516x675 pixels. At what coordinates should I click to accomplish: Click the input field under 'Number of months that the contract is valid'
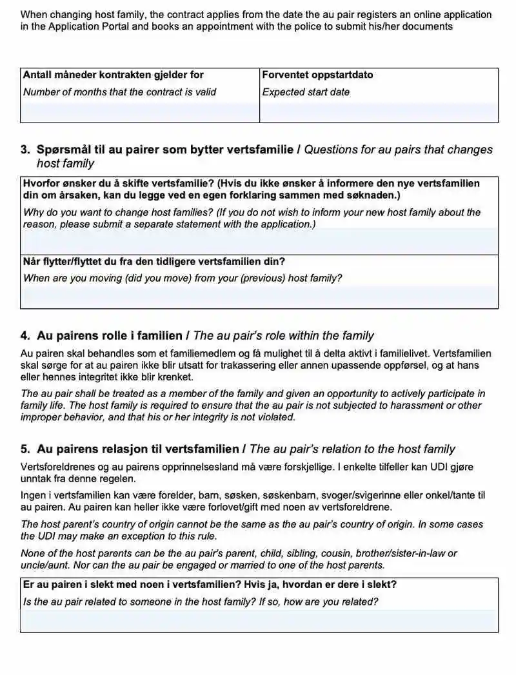[x=140, y=112]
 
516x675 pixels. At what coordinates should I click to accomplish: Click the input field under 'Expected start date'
[x=379, y=112]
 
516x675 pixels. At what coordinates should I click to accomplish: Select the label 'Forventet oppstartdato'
[x=317, y=75]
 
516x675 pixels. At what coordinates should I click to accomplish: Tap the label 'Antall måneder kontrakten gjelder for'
[x=113, y=75]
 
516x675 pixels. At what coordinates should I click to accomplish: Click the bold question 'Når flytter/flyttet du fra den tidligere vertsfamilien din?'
[x=154, y=262]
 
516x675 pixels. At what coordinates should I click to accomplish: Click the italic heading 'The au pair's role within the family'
[x=283, y=335]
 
